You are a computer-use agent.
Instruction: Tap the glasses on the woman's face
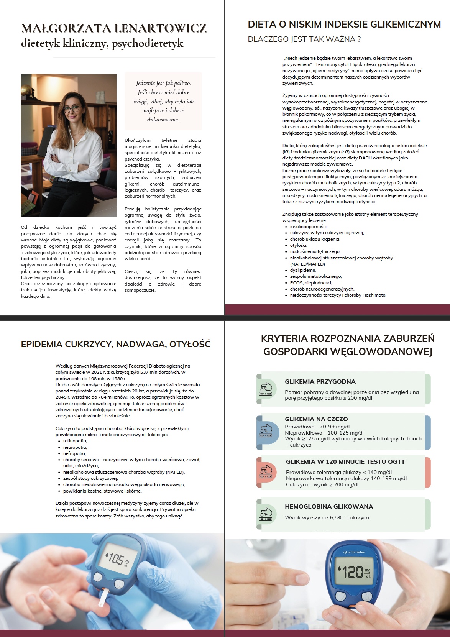[x=71, y=109]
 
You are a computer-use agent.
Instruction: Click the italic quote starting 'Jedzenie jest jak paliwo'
[x=163, y=101]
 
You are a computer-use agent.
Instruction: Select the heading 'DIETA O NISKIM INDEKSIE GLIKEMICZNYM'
[x=344, y=25]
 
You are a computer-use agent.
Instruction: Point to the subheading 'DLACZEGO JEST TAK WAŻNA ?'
[x=304, y=39]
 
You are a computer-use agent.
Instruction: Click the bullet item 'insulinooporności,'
[x=309, y=227]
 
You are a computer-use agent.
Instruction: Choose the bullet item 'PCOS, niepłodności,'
[x=311, y=283]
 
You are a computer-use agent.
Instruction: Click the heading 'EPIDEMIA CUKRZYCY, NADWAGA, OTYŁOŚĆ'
[x=116, y=344]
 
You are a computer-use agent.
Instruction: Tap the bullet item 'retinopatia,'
[x=75, y=441]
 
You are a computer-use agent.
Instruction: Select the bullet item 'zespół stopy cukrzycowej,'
[x=90, y=478]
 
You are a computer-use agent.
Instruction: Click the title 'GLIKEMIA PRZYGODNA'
[x=320, y=382]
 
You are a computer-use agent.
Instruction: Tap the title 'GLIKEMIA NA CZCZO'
[x=316, y=419]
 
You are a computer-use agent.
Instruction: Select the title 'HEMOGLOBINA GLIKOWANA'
[x=329, y=507]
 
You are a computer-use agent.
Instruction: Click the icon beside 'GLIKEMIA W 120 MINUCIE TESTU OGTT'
[x=266, y=472]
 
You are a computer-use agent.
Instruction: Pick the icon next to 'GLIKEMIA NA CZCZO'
[x=266, y=430]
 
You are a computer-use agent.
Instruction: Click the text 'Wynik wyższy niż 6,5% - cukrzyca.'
[x=327, y=517]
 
